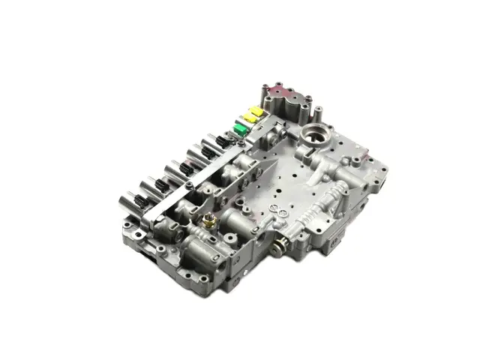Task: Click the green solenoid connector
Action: (x=239, y=132)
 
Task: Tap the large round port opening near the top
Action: (x=310, y=138)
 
